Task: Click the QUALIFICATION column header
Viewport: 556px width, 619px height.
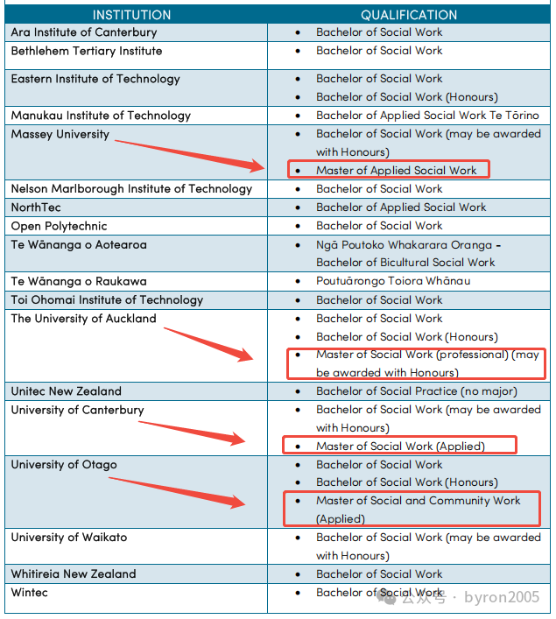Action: (x=409, y=15)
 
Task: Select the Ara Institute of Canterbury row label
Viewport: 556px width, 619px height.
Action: (x=84, y=32)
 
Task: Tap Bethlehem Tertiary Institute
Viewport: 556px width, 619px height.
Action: (x=87, y=51)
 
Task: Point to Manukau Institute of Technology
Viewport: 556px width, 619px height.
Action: (x=101, y=116)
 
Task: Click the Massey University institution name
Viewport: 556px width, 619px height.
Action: (x=60, y=134)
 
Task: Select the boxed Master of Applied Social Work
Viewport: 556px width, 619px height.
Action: (x=397, y=171)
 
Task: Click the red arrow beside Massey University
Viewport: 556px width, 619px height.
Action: (x=188, y=151)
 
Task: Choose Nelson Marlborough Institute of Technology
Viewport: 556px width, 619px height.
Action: (x=131, y=189)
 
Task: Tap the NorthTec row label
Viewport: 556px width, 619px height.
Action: (x=36, y=208)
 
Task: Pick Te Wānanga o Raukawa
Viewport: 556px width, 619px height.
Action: (x=79, y=281)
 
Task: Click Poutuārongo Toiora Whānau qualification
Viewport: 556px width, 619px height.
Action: (x=393, y=281)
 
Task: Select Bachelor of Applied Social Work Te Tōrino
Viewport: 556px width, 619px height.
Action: (x=427, y=116)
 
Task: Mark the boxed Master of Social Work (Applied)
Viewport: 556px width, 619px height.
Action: (x=400, y=447)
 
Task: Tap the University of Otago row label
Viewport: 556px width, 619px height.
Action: (x=64, y=465)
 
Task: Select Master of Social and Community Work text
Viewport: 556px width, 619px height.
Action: (x=419, y=501)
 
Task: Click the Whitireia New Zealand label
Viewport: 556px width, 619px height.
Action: (x=74, y=574)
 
